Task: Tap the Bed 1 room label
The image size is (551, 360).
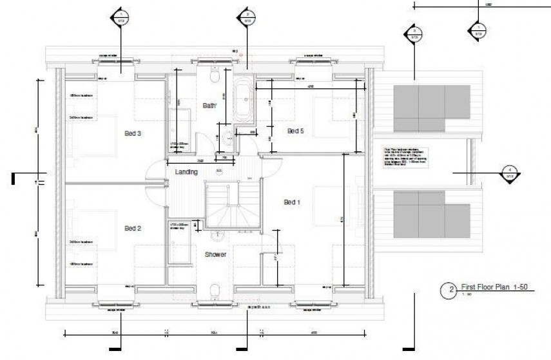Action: pyautogui.click(x=293, y=202)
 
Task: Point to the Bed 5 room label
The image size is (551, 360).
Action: pyautogui.click(x=295, y=131)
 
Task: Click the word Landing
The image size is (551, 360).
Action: pyautogui.click(x=186, y=172)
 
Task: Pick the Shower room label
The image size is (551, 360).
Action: pyautogui.click(x=215, y=254)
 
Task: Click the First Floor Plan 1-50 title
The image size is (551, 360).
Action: pyautogui.click(x=490, y=287)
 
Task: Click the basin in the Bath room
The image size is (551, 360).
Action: pyautogui.click(x=229, y=136)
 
